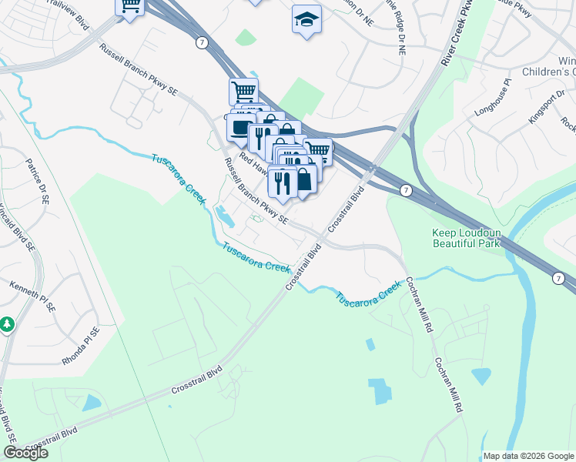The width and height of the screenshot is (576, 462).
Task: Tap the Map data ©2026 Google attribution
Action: (x=527, y=455)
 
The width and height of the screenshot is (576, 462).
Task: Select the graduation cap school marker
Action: (x=306, y=19)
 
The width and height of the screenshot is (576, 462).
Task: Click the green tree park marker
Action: (x=7, y=325)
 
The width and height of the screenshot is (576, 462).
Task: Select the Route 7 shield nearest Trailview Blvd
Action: (x=201, y=42)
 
